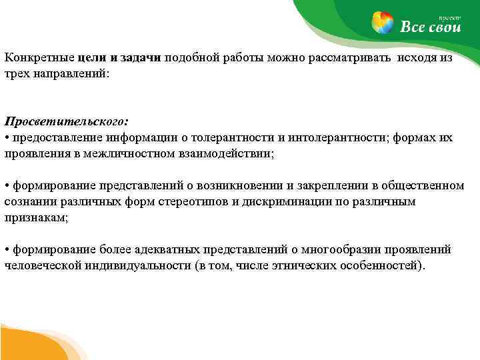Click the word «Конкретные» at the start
click(x=32, y=58)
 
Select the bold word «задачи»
click(x=141, y=58)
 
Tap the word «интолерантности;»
click(x=335, y=137)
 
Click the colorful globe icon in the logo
click(x=382, y=22)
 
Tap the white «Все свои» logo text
click(x=430, y=27)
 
